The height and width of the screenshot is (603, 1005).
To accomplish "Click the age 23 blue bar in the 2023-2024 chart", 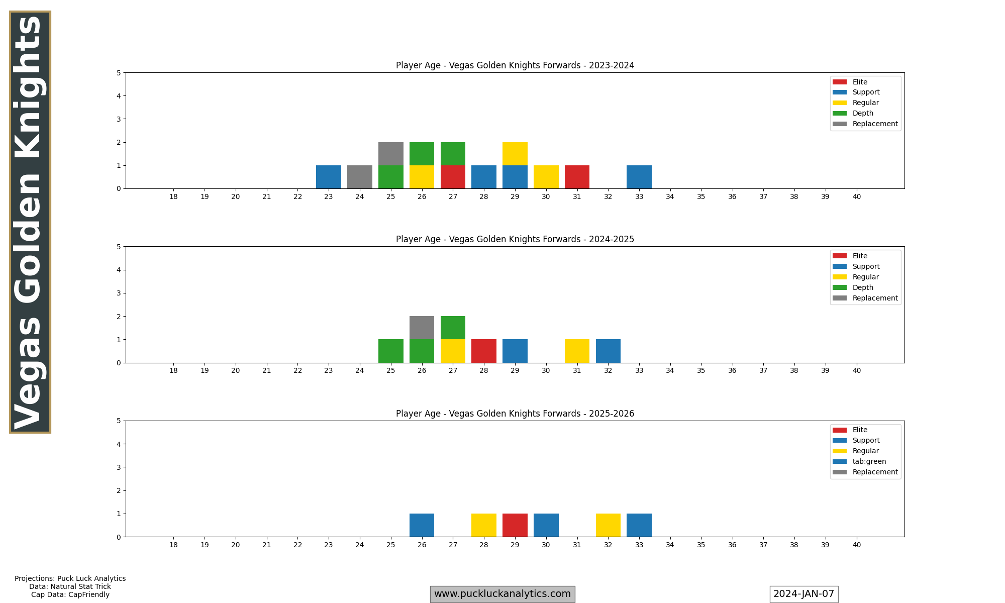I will [329, 177].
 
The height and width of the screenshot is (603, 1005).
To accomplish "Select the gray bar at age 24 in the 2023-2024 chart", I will [360, 177].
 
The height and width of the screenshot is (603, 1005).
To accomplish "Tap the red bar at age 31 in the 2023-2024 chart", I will [577, 177].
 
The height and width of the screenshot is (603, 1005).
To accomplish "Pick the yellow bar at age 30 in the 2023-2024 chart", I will [546, 177].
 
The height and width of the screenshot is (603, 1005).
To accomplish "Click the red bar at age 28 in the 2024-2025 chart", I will [484, 351].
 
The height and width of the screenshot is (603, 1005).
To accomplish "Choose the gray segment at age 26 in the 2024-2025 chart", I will [422, 328].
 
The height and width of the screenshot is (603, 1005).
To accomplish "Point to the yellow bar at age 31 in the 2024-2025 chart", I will [577, 351].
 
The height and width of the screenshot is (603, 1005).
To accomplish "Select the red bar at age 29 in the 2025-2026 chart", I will [515, 525].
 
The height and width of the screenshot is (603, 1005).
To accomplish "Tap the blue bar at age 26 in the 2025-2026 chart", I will [422, 525].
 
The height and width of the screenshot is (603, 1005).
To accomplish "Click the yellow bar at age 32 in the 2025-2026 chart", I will [608, 525].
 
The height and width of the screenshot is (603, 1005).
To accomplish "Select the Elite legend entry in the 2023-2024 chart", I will [860, 82].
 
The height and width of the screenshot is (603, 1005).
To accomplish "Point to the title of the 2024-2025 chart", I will [515, 239].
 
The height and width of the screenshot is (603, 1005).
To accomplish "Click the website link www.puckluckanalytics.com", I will [502, 594].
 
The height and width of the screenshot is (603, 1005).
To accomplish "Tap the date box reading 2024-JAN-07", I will [803, 594].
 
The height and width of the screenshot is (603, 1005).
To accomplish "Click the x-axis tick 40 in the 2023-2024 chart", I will [857, 196].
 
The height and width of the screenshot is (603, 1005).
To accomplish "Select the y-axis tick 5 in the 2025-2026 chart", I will [119, 421].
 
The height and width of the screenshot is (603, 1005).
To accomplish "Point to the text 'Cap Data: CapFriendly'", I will [70, 594].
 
